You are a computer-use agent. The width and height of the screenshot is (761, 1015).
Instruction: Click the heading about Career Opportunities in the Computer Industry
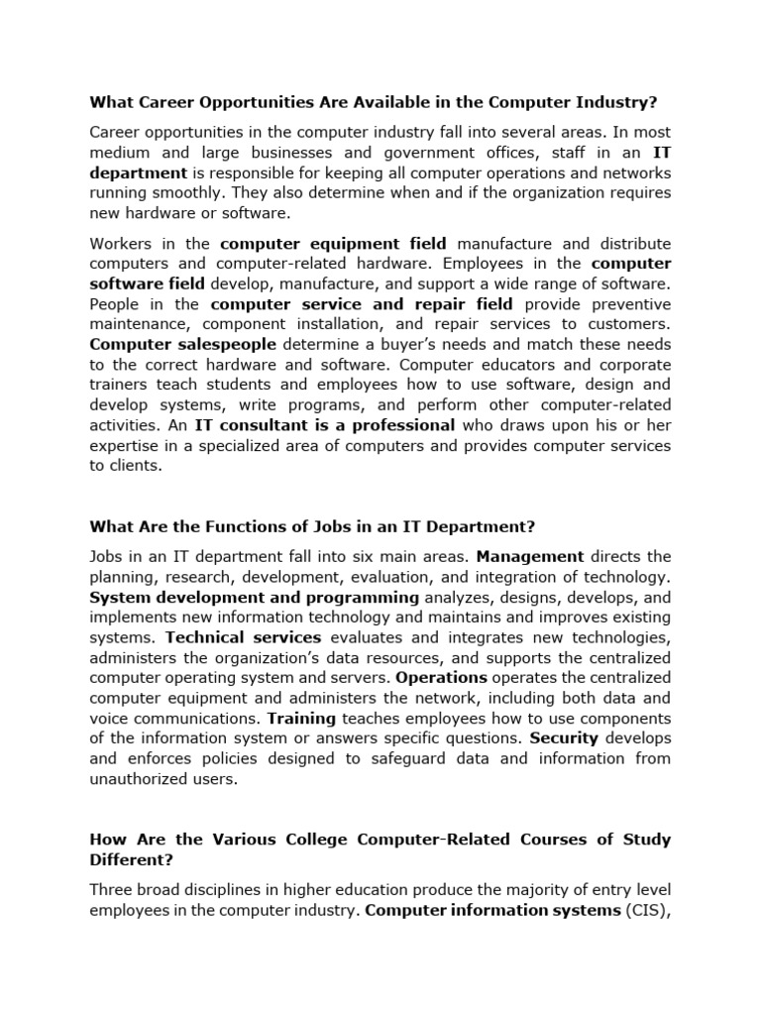click(x=374, y=102)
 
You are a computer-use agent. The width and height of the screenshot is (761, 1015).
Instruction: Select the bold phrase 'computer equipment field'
click(x=333, y=244)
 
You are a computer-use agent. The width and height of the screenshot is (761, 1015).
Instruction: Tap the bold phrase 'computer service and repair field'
click(x=362, y=304)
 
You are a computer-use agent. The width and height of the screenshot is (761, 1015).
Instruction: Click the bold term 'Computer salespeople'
click(x=184, y=345)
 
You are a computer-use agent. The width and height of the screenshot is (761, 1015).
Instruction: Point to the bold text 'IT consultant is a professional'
click(x=325, y=425)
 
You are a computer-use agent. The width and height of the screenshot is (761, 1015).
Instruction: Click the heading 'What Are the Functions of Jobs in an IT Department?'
click(x=312, y=526)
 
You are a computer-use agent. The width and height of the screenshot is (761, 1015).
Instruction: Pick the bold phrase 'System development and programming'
click(x=255, y=598)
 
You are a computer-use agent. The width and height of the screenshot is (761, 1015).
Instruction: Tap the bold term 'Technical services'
click(x=244, y=637)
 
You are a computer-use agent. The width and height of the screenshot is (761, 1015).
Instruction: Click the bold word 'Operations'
click(x=441, y=678)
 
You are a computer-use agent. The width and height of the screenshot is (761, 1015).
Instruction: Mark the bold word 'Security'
click(x=564, y=738)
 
